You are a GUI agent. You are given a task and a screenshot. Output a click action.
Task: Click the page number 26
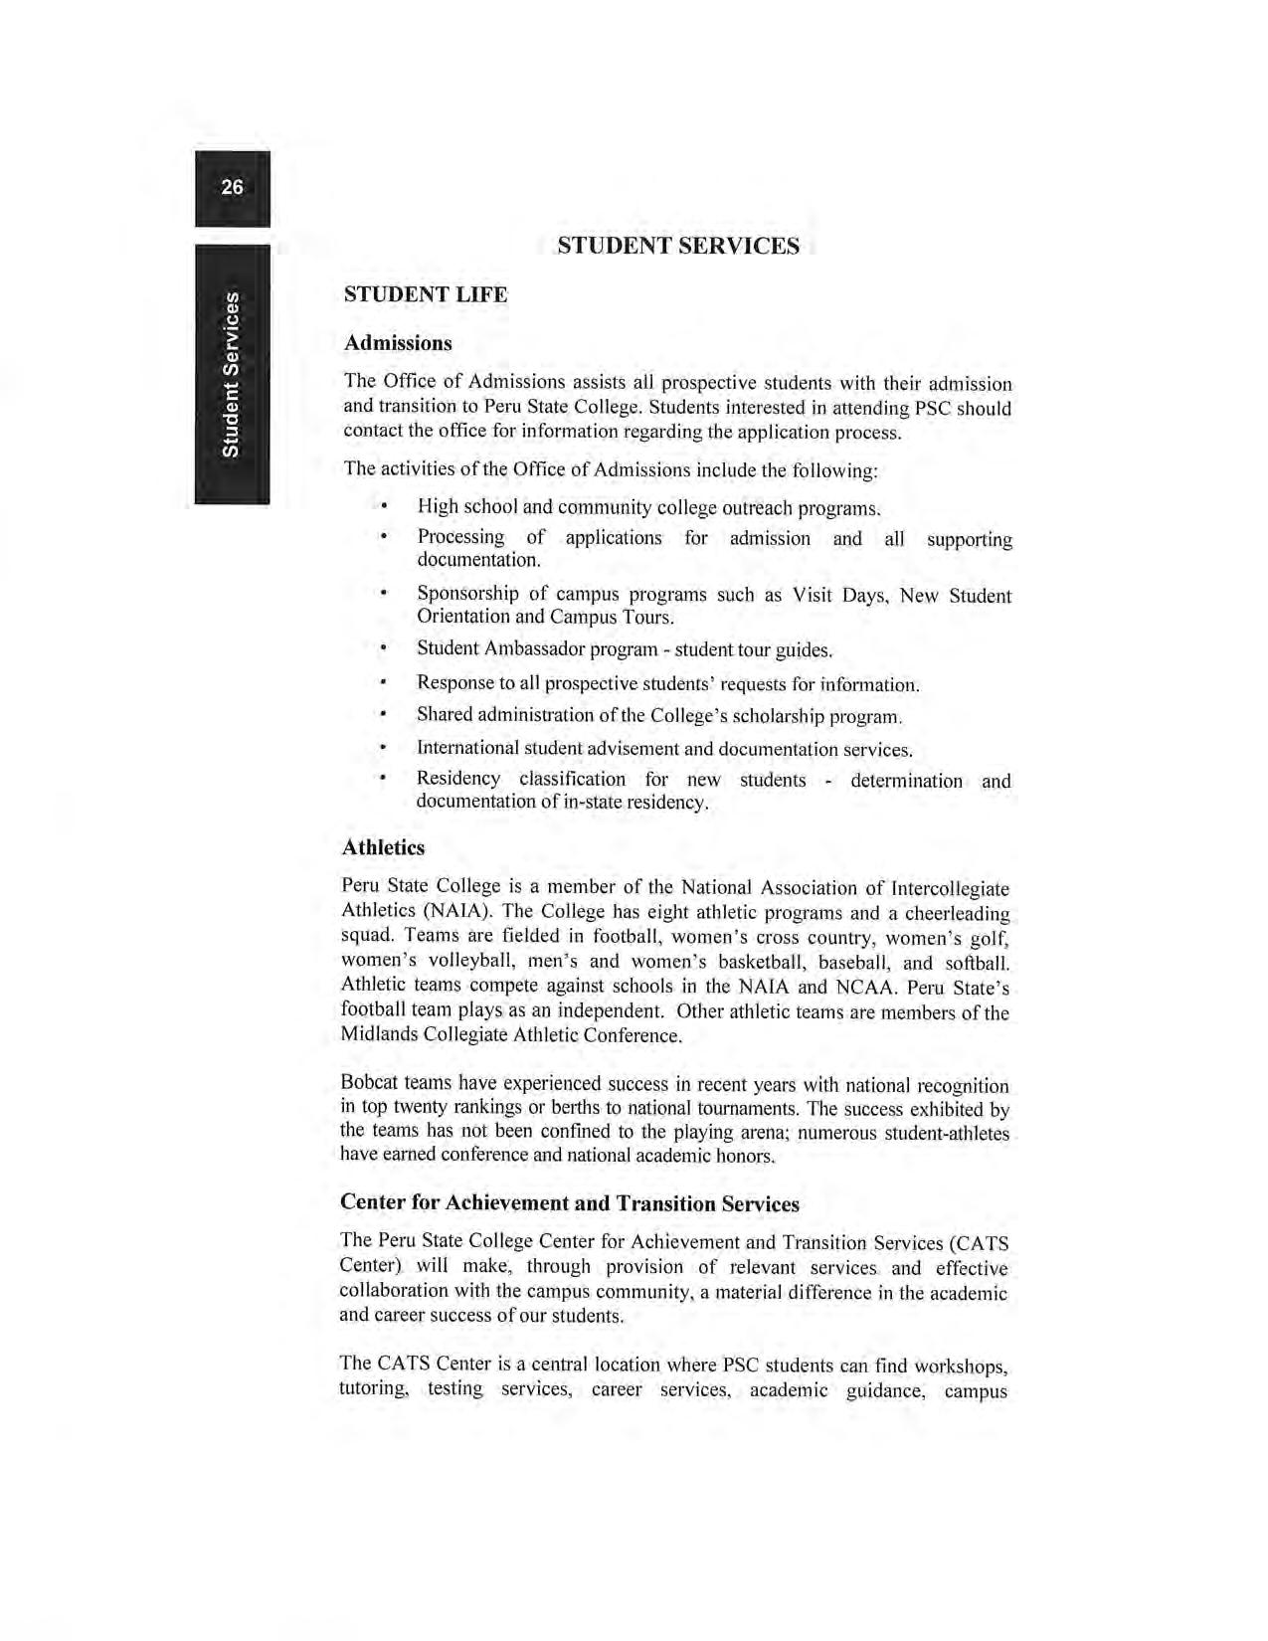[232, 187]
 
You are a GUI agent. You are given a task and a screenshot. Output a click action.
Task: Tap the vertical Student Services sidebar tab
[231, 374]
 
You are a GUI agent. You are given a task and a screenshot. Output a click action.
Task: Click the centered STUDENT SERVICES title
[677, 246]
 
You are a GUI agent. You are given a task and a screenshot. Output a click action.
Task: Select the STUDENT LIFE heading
[425, 294]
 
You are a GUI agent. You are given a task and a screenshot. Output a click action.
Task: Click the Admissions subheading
[397, 343]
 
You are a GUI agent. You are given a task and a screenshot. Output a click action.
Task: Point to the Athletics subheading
[383, 847]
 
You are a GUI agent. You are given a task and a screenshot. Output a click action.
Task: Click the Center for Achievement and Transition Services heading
[569, 1203]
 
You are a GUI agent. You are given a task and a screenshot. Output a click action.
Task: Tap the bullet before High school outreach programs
[383, 507]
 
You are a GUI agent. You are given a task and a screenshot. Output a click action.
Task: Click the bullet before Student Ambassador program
[383, 648]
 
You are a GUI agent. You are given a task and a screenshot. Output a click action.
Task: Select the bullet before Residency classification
[383, 780]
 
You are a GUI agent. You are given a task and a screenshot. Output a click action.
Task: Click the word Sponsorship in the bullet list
[466, 594]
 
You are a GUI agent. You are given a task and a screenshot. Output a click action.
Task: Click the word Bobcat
[369, 1083]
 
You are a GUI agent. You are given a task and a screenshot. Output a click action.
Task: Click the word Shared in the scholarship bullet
[445, 715]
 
